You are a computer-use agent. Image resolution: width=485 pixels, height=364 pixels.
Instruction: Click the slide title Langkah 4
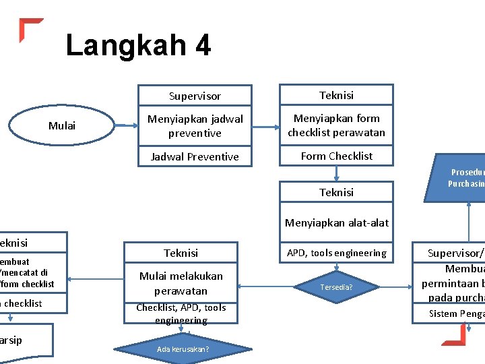(138, 46)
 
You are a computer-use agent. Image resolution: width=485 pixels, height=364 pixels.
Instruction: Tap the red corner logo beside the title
(30, 30)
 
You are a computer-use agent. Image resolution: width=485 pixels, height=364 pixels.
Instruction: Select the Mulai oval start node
(62, 125)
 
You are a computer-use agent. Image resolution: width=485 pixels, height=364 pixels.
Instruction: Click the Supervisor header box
(195, 96)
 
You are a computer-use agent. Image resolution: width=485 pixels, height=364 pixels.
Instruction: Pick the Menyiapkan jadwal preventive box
(195, 126)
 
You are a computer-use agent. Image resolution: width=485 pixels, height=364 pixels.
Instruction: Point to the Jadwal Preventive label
(195, 156)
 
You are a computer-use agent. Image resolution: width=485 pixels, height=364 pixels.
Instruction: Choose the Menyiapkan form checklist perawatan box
(336, 125)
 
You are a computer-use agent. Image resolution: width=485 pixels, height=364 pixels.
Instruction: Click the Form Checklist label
(336, 156)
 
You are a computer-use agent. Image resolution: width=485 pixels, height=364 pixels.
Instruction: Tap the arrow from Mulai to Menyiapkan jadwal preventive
(125, 125)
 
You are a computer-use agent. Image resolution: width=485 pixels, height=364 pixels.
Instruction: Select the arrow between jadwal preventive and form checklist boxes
(265, 125)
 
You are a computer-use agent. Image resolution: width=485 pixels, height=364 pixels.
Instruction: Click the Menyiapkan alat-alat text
(336, 222)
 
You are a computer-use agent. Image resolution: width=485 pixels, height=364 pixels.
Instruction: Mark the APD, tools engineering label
(336, 253)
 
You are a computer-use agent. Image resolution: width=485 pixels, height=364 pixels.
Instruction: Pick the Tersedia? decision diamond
(336, 287)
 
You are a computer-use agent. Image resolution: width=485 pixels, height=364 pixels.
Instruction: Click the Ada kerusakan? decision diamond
(183, 348)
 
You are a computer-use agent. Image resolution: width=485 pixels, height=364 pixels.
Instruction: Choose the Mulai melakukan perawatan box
(181, 283)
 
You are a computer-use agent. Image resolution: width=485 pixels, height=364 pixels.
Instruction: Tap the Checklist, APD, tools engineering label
(181, 313)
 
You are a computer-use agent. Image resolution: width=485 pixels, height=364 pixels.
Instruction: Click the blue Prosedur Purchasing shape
(465, 178)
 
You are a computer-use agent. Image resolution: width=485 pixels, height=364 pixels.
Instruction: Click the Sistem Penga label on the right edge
(457, 313)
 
